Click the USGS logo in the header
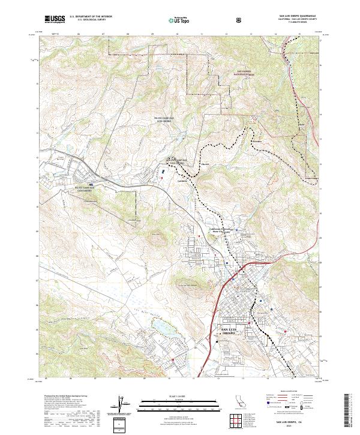54,19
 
